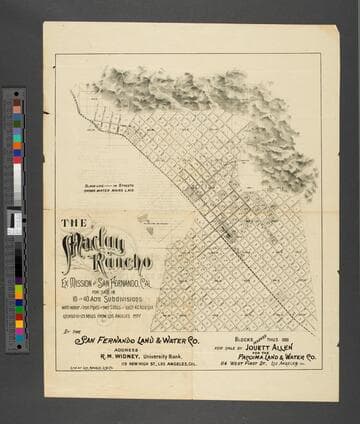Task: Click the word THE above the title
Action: click(72, 223)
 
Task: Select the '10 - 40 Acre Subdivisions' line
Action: click(104, 297)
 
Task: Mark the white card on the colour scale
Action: click(15, 219)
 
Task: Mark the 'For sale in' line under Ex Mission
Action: click(104, 289)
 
